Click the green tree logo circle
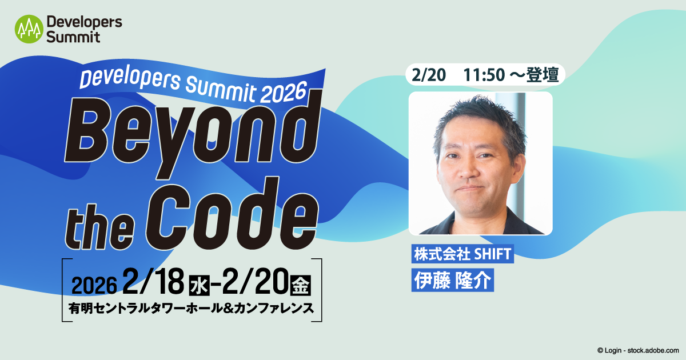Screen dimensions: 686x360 tap(29, 29)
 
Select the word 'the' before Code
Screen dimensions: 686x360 tap(100, 227)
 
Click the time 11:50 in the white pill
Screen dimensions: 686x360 tap(484, 75)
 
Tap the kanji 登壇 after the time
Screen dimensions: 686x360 tap(543, 75)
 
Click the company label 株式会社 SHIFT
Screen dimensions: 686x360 tap(462, 254)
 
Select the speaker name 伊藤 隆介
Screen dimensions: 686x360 tap(452, 280)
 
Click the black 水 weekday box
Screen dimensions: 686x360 tap(200, 286)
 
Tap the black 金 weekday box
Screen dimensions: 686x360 tap(301, 286)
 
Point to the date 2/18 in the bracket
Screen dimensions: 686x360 tap(153, 281)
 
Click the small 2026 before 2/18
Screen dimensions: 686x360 tap(94, 285)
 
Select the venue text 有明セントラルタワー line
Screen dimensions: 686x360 tap(192, 308)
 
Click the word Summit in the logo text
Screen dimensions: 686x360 tap(73, 37)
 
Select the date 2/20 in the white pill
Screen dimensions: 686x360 tap(429, 75)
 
